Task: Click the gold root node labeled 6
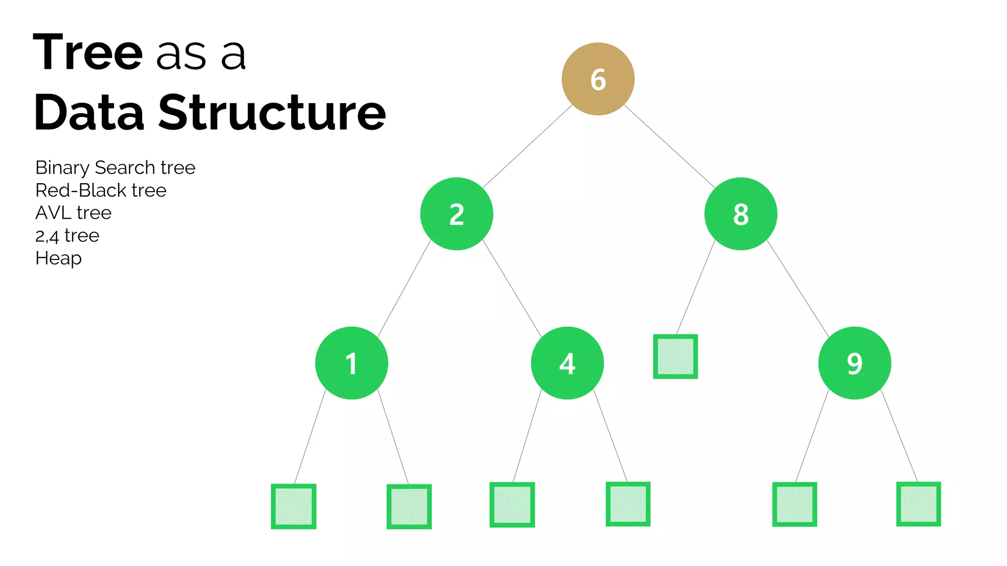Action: (x=598, y=79)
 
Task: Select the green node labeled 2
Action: (x=456, y=214)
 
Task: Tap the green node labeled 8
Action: (x=740, y=214)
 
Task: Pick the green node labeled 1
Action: (x=352, y=363)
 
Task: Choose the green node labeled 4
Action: (x=567, y=363)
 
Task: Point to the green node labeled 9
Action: (x=855, y=363)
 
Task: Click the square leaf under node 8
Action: (x=675, y=356)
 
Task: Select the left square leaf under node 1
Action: (x=294, y=506)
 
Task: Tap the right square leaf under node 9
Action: (x=918, y=504)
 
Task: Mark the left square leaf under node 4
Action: (x=512, y=505)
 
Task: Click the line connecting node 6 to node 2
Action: (x=527, y=146)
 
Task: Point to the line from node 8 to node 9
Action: (x=798, y=288)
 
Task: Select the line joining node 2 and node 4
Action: (x=512, y=288)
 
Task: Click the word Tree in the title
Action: (x=88, y=52)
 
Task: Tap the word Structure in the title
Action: (x=272, y=113)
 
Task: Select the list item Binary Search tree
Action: (x=116, y=168)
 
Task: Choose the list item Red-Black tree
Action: (x=101, y=191)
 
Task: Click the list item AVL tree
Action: (x=73, y=213)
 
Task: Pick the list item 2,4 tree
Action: (x=67, y=236)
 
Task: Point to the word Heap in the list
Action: (x=59, y=258)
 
